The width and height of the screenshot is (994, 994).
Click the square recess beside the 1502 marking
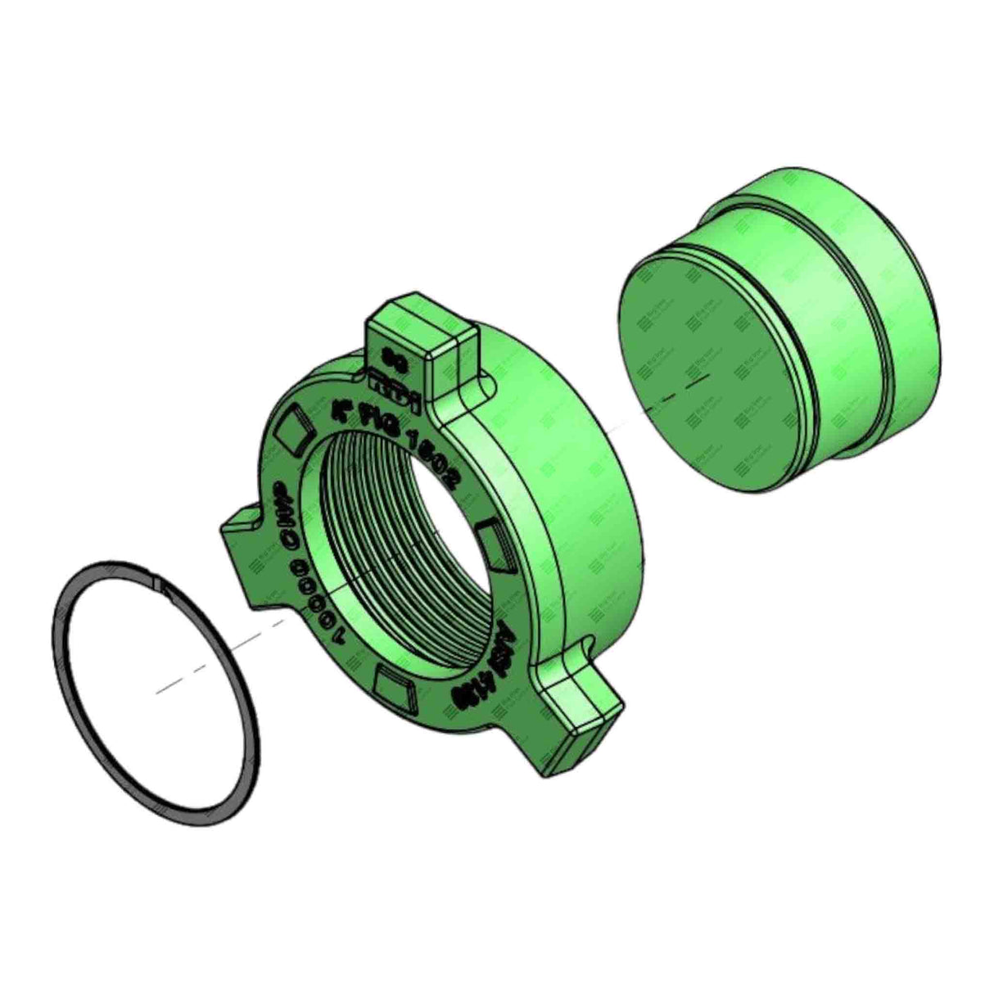(496, 544)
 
